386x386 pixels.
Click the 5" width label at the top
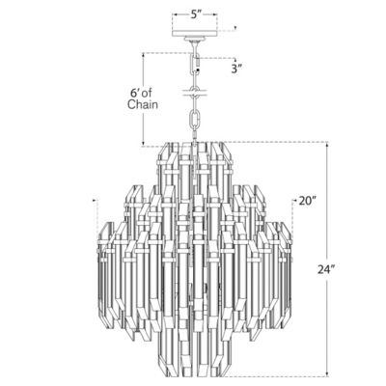click(x=195, y=15)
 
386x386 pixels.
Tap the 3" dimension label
click(x=235, y=68)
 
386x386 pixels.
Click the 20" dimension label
click(x=307, y=201)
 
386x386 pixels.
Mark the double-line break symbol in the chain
click(x=195, y=95)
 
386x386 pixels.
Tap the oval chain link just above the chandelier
click(x=195, y=121)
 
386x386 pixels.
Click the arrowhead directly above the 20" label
click(x=293, y=196)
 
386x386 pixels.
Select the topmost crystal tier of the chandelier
click(x=195, y=159)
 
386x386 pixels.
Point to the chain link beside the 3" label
click(x=196, y=65)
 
